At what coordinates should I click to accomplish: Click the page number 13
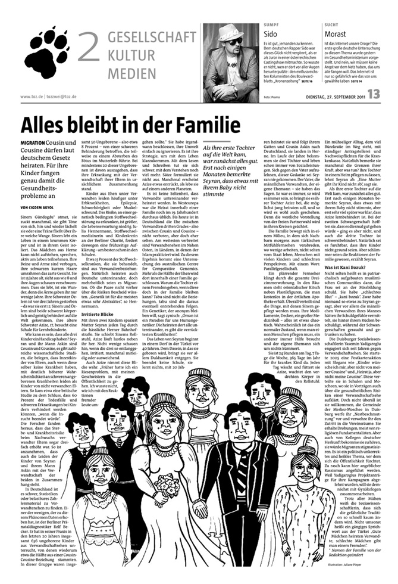[373, 94]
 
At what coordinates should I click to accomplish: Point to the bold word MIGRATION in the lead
[33, 145]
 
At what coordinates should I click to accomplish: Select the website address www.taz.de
[33, 96]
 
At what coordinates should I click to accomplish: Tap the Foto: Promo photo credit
[272, 96]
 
